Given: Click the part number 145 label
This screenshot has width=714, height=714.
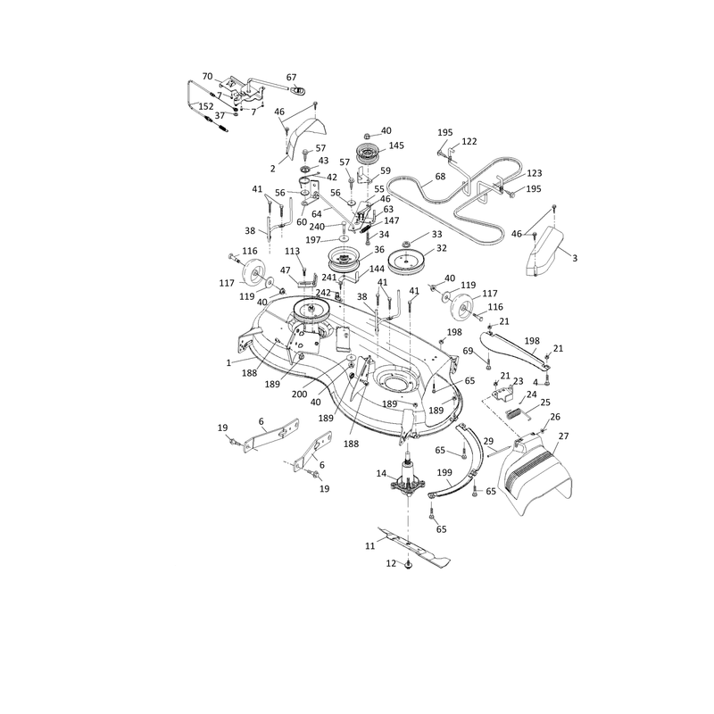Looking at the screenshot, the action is [x=396, y=145].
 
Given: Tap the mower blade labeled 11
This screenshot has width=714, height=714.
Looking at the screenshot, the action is [x=414, y=547].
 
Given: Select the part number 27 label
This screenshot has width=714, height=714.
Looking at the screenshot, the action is [x=564, y=436].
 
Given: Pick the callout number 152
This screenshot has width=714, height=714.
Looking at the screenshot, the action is [x=206, y=106].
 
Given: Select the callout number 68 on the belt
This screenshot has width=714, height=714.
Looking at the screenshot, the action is [x=440, y=177].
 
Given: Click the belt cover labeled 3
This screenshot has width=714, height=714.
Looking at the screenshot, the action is [x=544, y=252].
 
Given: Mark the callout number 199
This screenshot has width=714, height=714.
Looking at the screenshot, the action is [x=444, y=473].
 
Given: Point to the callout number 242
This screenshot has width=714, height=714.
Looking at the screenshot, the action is [x=323, y=293].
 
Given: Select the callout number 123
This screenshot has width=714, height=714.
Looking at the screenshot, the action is [x=535, y=173].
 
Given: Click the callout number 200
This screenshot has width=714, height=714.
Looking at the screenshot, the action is [x=299, y=394].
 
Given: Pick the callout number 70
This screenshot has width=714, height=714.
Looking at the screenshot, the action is [x=207, y=77].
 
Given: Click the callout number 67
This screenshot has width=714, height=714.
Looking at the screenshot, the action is [x=292, y=78].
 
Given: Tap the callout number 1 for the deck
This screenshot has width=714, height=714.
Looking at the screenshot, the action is [x=228, y=363].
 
